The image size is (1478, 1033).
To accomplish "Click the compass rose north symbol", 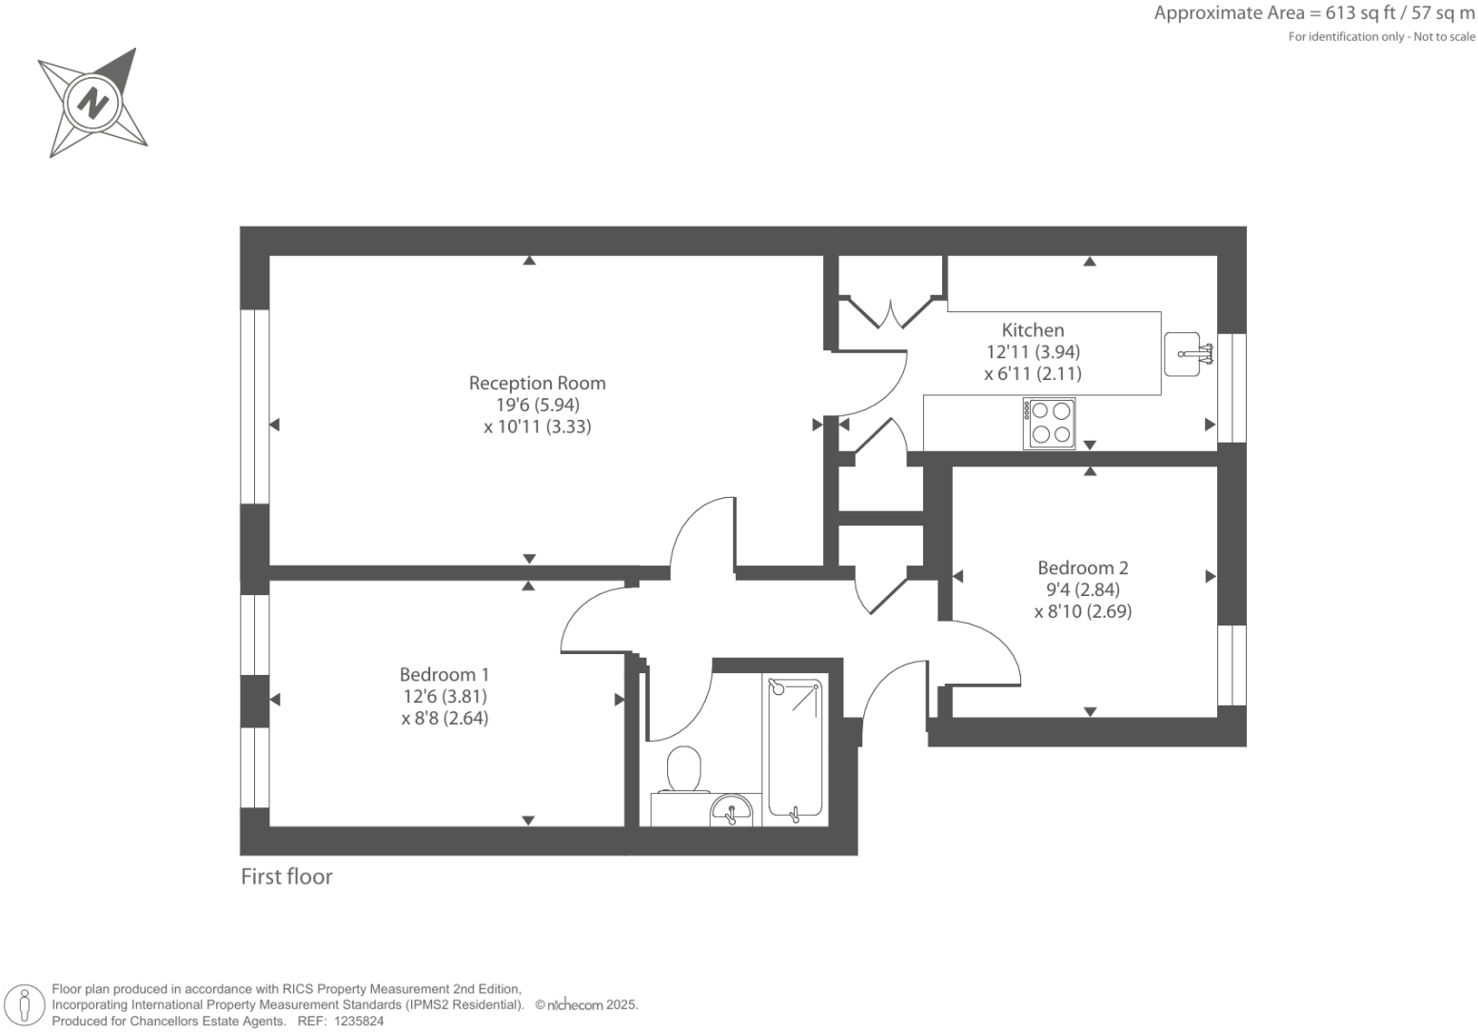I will (93, 102).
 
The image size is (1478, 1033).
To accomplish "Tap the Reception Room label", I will (537, 383).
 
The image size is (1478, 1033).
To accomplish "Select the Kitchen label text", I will (1033, 330).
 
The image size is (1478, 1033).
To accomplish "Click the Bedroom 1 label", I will (443, 675).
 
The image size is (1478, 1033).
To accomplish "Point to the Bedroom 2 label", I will (1082, 568).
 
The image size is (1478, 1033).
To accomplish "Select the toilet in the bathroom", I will (683, 769).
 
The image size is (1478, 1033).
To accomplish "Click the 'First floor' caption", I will (286, 877).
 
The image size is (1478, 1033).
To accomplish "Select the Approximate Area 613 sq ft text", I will (1313, 13).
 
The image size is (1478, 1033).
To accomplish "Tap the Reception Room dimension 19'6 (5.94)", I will (537, 405).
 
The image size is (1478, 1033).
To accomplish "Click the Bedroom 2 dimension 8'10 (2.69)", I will (1082, 612).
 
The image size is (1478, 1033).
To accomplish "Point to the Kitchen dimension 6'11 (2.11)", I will (1033, 374).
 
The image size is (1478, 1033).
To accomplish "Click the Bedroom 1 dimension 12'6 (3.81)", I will (443, 697).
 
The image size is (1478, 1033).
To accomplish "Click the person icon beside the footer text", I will (24, 1006).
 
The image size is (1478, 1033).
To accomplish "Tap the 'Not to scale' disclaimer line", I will (1381, 37).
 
